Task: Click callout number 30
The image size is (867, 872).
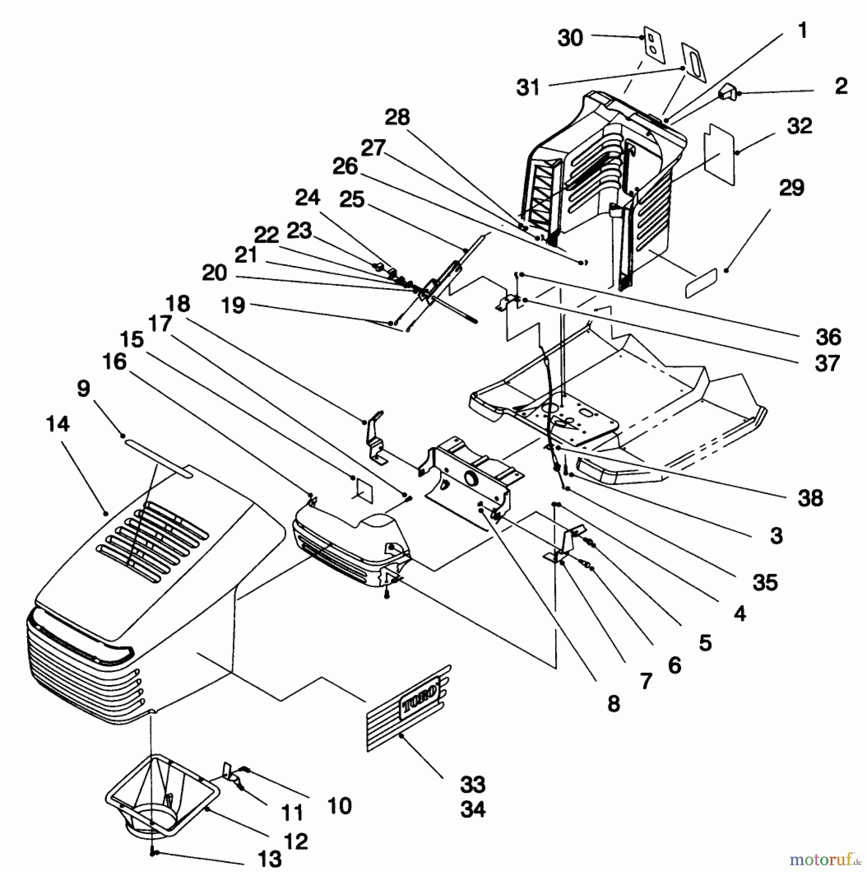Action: point(570,38)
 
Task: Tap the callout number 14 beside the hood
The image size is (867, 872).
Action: point(58,424)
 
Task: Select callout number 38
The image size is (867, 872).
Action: point(810,498)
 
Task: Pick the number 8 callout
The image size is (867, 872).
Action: point(613,704)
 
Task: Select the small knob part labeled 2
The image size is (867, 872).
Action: point(728,92)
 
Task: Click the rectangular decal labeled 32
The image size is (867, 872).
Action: point(720,155)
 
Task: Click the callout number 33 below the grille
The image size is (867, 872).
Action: point(472,784)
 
